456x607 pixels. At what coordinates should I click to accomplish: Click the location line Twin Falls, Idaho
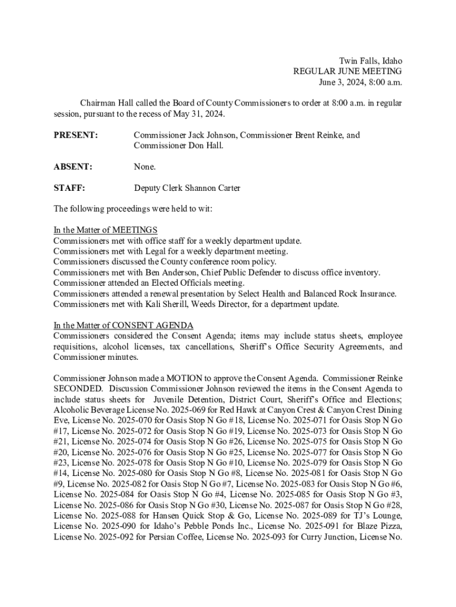pos(370,61)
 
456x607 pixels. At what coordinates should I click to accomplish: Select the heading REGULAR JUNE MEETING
pos(348,72)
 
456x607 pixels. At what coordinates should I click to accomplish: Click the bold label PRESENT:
pos(76,135)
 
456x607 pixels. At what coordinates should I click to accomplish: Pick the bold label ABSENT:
pos(73,167)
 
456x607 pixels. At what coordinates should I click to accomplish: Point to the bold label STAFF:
pos(69,189)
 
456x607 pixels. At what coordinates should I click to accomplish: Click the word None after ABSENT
pos(144,167)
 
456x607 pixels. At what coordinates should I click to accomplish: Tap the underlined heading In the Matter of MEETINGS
pos(105,230)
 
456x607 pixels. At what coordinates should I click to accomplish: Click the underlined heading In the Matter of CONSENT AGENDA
pos(123,325)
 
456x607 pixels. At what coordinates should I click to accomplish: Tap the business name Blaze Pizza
pos(381,528)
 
